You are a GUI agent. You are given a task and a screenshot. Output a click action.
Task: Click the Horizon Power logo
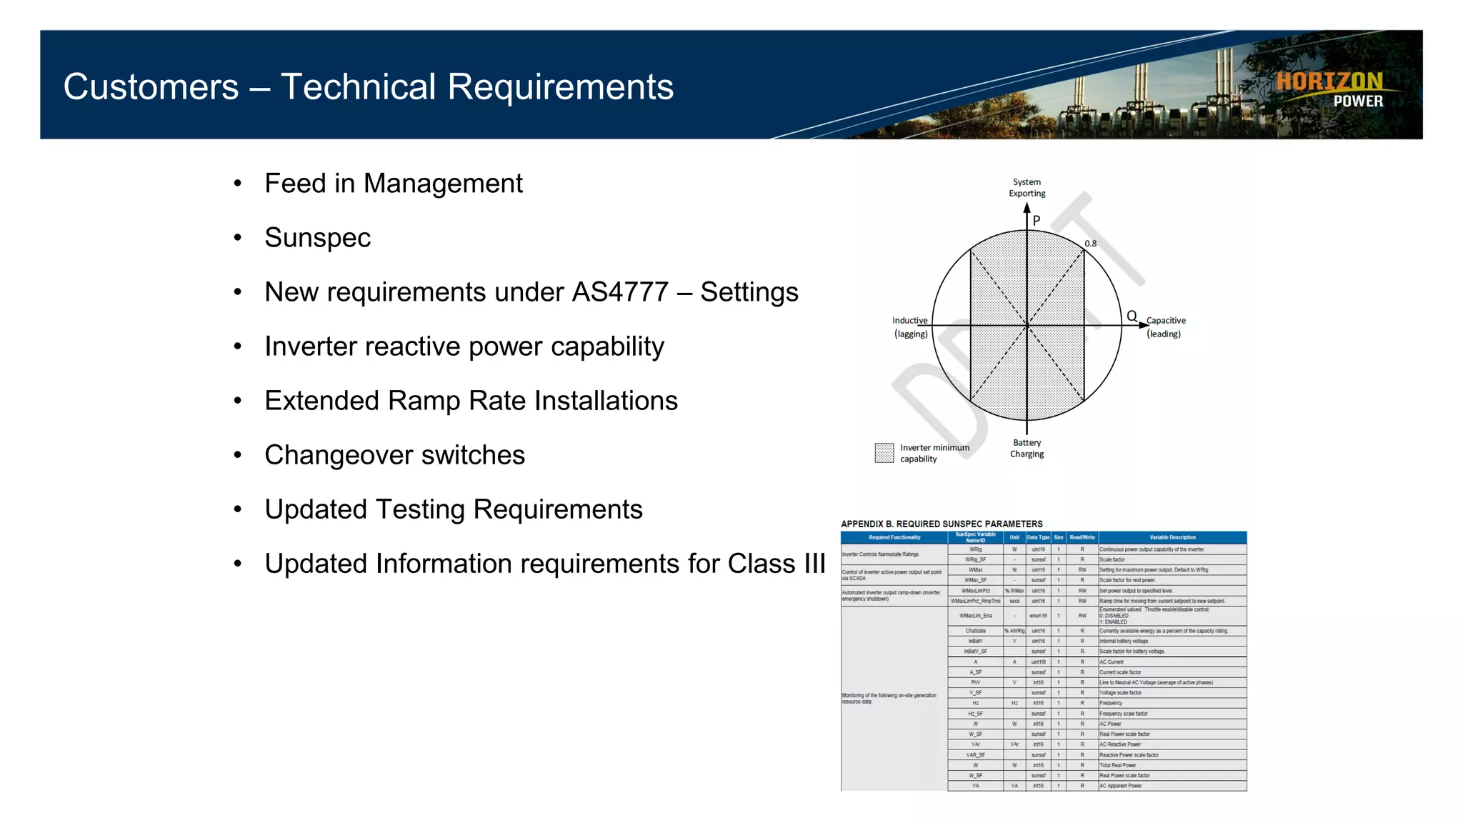[x=1329, y=90]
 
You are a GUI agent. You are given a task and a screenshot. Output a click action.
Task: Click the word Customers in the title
[x=151, y=87]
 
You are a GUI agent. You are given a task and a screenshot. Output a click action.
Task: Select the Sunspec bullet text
[x=317, y=238]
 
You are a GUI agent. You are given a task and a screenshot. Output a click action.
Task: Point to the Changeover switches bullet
[x=394, y=455]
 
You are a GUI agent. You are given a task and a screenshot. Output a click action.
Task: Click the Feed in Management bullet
[x=393, y=184]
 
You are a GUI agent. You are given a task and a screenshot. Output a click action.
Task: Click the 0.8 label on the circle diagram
[x=1090, y=244]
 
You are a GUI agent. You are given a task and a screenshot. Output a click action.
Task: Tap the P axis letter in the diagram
[x=1037, y=221]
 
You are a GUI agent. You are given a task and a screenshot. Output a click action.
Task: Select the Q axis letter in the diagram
[x=1132, y=316]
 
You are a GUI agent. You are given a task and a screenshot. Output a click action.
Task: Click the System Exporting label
[x=1027, y=188]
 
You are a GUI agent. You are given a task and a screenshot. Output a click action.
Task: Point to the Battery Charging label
[x=1027, y=449]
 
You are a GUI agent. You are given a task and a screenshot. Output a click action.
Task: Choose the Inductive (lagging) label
[x=910, y=327]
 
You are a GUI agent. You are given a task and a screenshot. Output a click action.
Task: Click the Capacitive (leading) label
[x=1165, y=327]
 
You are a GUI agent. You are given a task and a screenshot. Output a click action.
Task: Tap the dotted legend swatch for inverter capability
[x=884, y=453]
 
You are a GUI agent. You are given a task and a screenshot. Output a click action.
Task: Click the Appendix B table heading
[x=942, y=524]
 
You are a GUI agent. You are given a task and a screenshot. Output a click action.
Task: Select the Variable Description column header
[x=1172, y=537]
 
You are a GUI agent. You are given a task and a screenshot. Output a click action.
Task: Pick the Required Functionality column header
[x=894, y=537]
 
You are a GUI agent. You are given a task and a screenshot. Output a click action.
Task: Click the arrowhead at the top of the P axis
[x=1027, y=208]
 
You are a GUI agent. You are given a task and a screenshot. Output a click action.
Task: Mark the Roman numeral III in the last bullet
[x=814, y=564]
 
